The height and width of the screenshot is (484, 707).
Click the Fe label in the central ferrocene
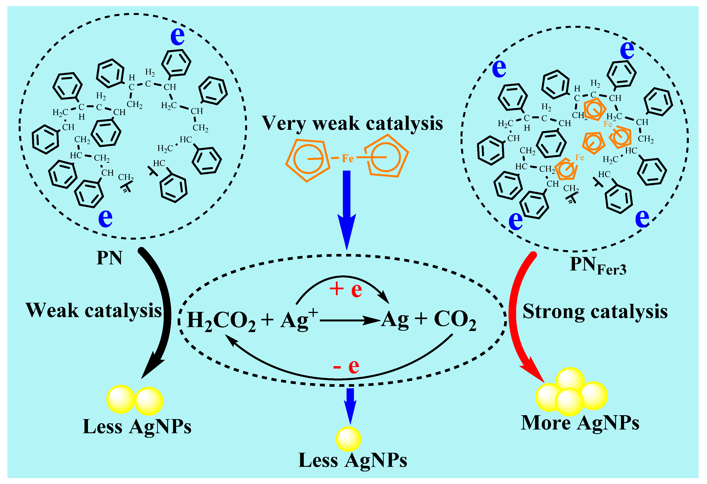[347, 158]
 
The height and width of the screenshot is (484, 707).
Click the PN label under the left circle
[109, 258]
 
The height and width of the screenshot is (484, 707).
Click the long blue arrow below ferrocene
[347, 207]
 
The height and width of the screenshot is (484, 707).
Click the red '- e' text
[346, 366]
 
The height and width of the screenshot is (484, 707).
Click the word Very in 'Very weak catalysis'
[285, 123]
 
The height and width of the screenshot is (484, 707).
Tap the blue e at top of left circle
[177, 36]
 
